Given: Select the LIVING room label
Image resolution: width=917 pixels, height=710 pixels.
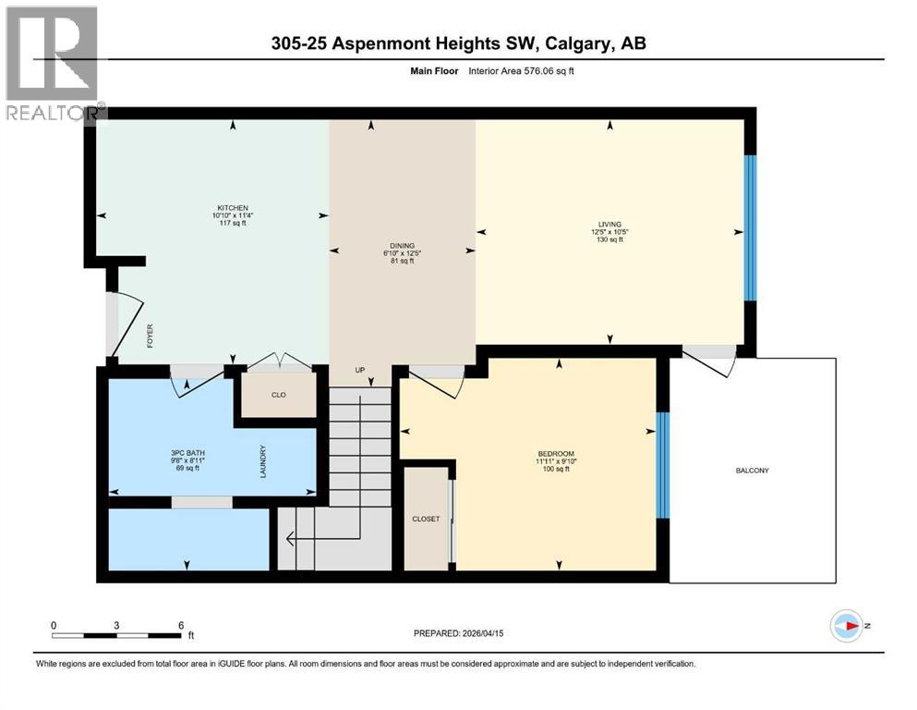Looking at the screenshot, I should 609,224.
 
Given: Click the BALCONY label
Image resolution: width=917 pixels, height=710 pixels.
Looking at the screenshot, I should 752,471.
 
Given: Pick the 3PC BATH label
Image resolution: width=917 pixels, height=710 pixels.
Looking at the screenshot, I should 182,453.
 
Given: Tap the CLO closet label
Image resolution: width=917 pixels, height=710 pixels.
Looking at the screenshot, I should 278,395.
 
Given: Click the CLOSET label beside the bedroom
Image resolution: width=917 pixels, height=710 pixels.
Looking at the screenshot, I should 426,519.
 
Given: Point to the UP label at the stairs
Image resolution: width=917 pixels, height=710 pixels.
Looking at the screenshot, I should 361,371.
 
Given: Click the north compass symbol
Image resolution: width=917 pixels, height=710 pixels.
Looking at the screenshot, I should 846,626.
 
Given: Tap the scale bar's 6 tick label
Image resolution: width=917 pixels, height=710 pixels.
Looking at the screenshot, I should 181,625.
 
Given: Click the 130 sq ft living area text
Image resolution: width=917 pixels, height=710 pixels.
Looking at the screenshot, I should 609,239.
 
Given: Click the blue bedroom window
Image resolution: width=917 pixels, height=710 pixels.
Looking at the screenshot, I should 660,464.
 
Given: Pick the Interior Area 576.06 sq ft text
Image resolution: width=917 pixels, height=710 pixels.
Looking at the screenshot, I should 530,71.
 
